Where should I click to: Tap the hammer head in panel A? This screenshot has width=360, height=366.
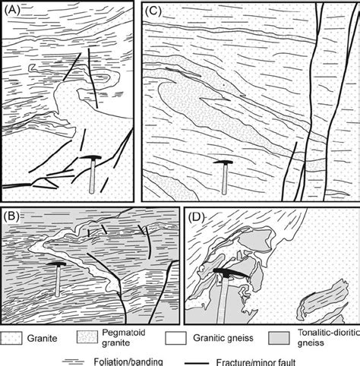coord(91,157)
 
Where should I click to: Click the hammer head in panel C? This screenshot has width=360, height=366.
coord(224,162)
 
